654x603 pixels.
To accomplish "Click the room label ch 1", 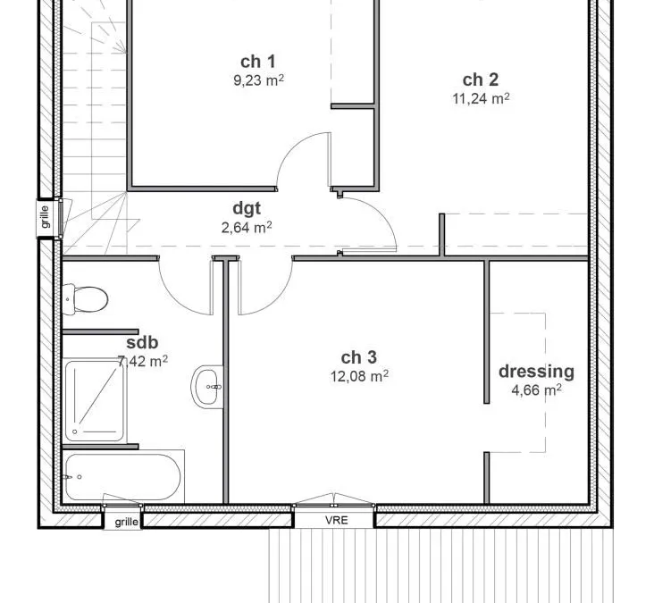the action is pyautogui.click(x=258, y=62).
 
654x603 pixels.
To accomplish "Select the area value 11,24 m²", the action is pyautogui.click(x=481, y=99).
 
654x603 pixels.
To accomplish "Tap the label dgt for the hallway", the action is pyautogui.click(x=247, y=208).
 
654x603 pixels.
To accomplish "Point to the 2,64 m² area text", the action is pyautogui.click(x=247, y=227).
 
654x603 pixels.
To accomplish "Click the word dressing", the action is pyautogui.click(x=536, y=372).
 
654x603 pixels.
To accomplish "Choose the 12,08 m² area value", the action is pyautogui.click(x=359, y=376).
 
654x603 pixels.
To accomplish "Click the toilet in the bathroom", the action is pyautogui.click(x=85, y=299).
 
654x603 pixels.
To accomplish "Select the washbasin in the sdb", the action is pyautogui.click(x=207, y=387).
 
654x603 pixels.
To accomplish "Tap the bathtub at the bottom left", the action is pyautogui.click(x=123, y=477).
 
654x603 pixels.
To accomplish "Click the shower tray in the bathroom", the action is pyautogui.click(x=95, y=401).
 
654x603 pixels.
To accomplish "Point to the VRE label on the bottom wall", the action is pyautogui.click(x=337, y=520).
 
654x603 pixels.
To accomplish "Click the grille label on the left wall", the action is pyautogui.click(x=45, y=217).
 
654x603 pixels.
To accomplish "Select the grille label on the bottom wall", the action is pyautogui.click(x=126, y=522).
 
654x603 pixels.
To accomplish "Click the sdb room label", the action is pyautogui.click(x=142, y=342).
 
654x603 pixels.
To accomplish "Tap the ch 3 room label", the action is pyautogui.click(x=358, y=357).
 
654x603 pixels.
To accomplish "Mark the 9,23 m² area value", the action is pyautogui.click(x=258, y=80).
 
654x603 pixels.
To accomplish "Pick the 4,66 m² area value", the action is pyautogui.click(x=536, y=390).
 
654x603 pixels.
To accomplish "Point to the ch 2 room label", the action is pyautogui.click(x=481, y=80).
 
